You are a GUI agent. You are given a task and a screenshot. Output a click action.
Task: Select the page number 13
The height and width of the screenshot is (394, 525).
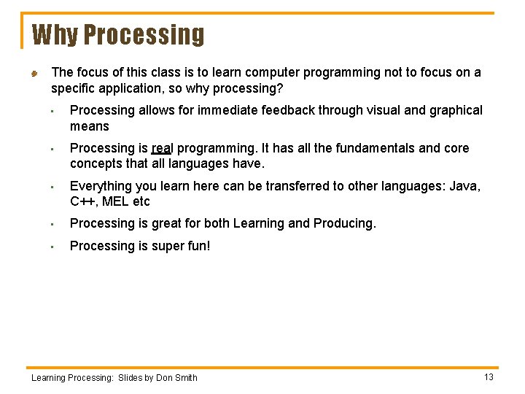click(x=489, y=376)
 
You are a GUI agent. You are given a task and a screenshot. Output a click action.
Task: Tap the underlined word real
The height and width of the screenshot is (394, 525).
click(x=161, y=148)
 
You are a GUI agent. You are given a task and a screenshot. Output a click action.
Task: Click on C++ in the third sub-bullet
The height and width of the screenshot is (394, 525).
click(x=82, y=201)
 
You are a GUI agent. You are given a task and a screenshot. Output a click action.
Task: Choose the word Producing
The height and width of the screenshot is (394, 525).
click(x=344, y=223)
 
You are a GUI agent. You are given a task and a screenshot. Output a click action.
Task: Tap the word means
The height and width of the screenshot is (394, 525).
click(x=89, y=126)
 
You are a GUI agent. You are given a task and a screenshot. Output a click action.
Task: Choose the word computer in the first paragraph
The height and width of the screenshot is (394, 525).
click(x=273, y=72)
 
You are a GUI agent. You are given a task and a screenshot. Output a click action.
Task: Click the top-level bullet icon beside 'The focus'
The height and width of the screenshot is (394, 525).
click(x=34, y=73)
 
